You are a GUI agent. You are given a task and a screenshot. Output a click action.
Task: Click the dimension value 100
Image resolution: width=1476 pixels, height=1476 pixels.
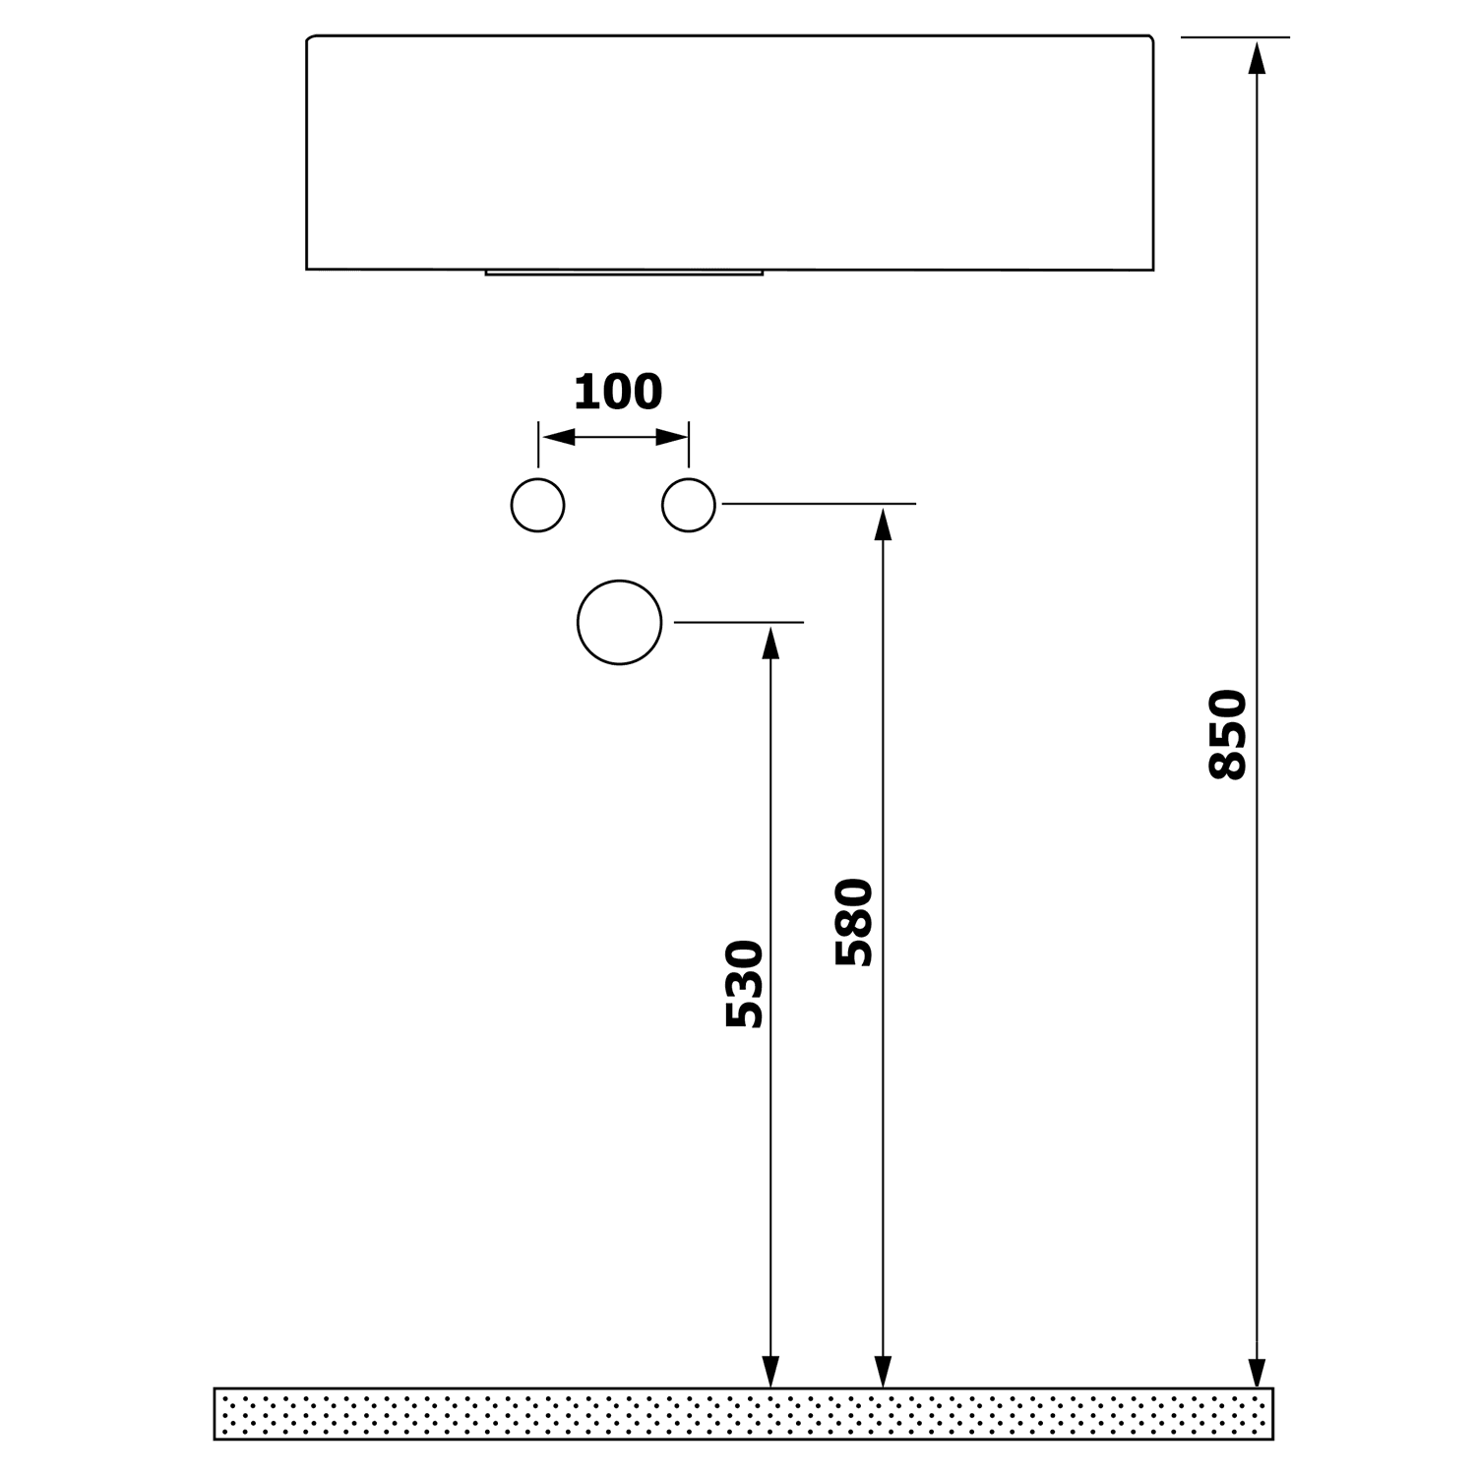tap(618, 393)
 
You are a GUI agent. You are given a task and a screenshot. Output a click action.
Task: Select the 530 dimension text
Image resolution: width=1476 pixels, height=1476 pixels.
tap(745, 984)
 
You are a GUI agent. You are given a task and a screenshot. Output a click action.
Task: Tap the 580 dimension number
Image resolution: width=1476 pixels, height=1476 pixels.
tap(854, 922)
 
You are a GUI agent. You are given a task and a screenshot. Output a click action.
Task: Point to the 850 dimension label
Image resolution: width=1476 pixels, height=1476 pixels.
tap(1228, 734)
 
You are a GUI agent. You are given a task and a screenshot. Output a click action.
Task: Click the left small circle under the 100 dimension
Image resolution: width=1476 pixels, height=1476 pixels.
tap(538, 506)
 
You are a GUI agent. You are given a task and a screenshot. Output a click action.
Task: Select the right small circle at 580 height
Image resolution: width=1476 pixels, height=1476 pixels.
tap(689, 506)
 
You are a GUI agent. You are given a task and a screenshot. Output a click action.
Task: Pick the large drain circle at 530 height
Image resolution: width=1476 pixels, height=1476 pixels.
tap(620, 622)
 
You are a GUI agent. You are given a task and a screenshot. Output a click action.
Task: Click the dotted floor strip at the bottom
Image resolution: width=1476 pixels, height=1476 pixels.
tap(743, 1413)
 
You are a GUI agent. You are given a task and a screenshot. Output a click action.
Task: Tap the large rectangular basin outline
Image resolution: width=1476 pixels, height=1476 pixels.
tap(729, 153)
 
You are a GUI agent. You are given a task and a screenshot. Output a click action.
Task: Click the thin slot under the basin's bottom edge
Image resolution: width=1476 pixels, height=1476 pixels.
tap(624, 273)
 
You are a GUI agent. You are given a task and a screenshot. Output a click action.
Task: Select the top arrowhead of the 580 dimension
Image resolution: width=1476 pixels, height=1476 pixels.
tap(884, 524)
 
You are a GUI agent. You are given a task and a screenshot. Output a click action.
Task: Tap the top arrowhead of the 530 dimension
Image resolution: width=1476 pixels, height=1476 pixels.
tap(770, 643)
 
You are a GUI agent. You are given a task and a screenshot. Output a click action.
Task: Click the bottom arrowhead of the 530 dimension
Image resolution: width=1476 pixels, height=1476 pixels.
tap(770, 1371)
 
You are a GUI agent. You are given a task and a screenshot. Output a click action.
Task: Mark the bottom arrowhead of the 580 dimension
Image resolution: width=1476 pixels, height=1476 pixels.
tap(884, 1371)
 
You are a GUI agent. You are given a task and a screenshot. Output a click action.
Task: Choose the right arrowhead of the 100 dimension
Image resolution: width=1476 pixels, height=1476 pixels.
tap(671, 437)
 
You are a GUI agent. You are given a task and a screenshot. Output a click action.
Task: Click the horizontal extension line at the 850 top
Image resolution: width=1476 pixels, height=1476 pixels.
tap(1235, 37)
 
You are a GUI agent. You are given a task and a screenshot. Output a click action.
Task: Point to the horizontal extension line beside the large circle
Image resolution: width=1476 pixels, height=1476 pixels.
tap(738, 622)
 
